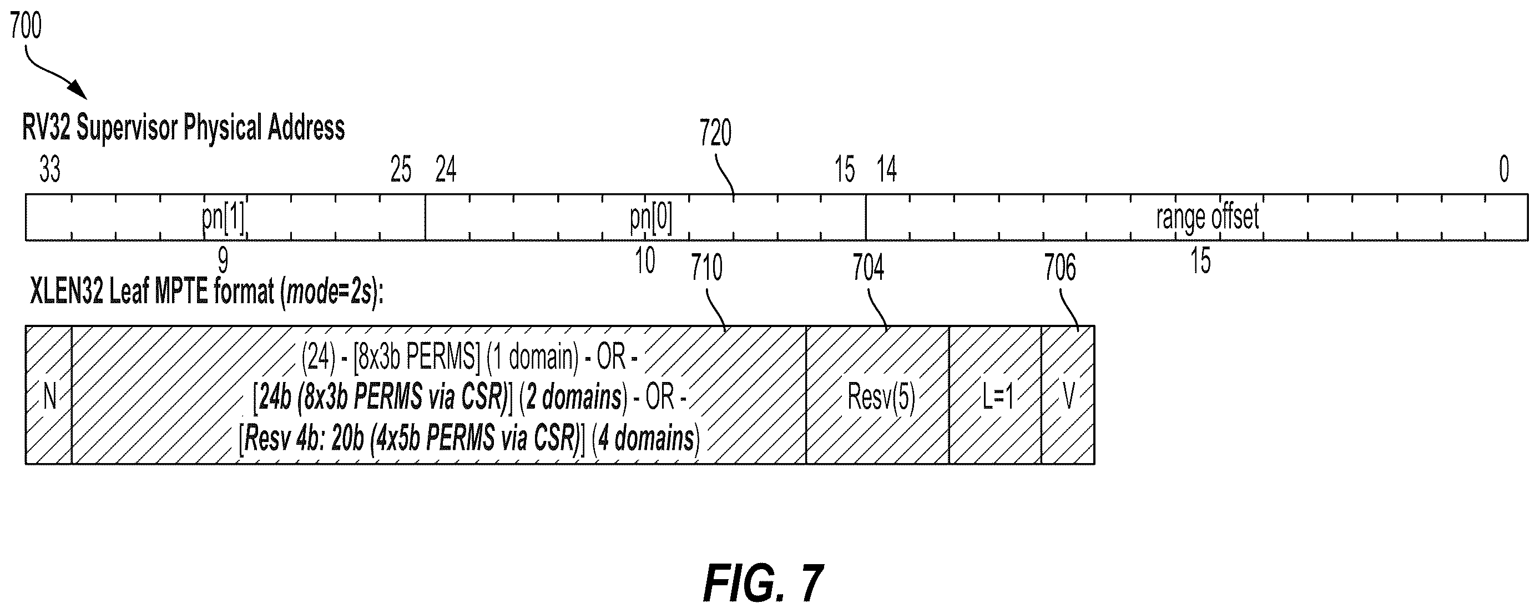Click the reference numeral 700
coord(26,27)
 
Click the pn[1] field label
coord(224,218)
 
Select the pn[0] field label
coord(651,218)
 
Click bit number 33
coord(50,169)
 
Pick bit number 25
coord(401,170)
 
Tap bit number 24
coord(446,170)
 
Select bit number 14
coord(887,170)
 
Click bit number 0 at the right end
coord(1504,169)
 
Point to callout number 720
coord(715,133)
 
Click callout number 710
coord(706,268)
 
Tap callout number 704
coord(868,268)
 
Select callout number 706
coord(1060,268)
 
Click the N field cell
coord(49,395)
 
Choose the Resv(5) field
coord(877,395)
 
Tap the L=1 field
coord(996,395)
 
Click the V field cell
coord(1068,395)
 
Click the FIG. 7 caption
coord(764,584)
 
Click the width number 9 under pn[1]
coord(223,262)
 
